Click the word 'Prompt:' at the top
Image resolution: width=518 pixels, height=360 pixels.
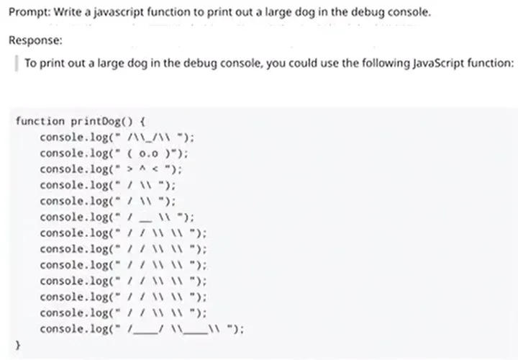[x=29, y=12]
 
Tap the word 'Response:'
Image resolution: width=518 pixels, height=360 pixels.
[x=35, y=40]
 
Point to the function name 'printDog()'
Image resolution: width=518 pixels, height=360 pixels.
[x=101, y=122]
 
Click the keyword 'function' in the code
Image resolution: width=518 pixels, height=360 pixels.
[x=40, y=121]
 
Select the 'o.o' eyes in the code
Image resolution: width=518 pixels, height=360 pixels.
[x=148, y=153]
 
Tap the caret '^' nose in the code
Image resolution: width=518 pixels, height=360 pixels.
[x=142, y=169]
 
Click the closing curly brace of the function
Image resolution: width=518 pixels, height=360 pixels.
[x=18, y=346]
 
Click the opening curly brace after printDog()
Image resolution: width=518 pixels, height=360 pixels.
[x=142, y=122]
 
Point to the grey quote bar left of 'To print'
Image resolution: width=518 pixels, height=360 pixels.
[x=16, y=63]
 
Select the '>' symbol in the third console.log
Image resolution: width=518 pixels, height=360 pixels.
[x=129, y=169]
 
